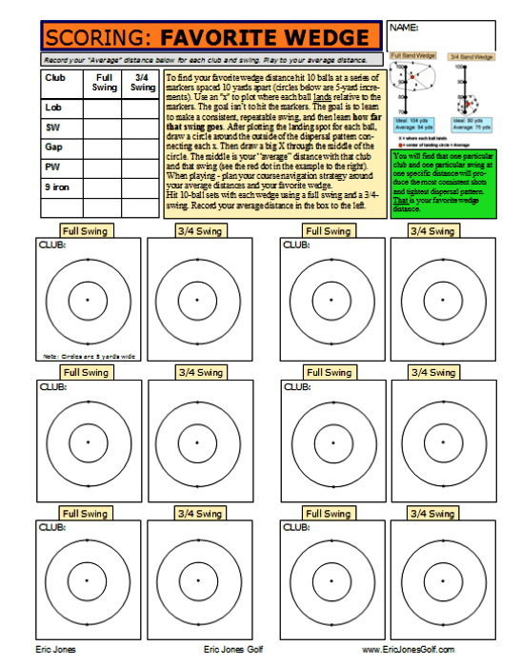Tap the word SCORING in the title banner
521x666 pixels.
pyautogui.click(x=99, y=38)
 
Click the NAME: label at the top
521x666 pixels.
pyautogui.click(x=405, y=28)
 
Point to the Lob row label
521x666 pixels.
pyautogui.click(x=53, y=108)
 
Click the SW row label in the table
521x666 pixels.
pyautogui.click(x=52, y=127)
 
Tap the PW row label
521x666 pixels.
pyautogui.click(x=52, y=167)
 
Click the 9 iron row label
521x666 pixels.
pyautogui.click(x=57, y=187)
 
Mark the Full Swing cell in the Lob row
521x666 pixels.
pyautogui.click(x=105, y=108)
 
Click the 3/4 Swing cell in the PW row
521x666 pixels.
pyautogui.click(x=142, y=167)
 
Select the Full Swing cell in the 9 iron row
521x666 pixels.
pyautogui.click(x=105, y=187)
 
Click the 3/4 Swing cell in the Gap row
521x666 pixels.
pyautogui.click(x=142, y=147)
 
